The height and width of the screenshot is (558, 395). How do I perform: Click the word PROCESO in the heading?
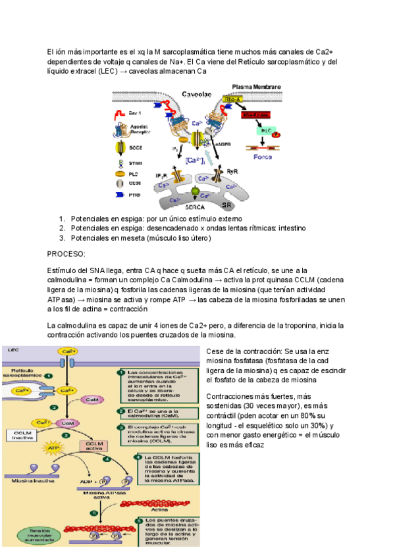coord(66,253)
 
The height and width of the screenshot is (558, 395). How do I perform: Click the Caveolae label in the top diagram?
coord(197,93)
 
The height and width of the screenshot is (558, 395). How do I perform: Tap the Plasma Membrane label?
coord(257,86)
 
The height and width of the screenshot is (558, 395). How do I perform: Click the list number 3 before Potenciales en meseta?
coord(62,238)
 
